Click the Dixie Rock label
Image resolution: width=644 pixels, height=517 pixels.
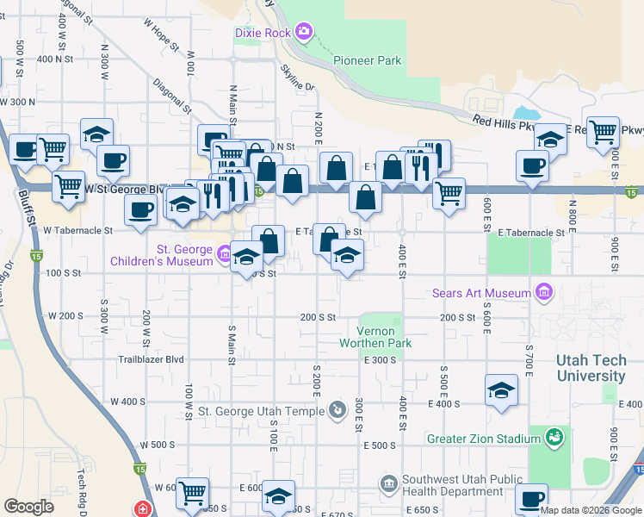coord(264,33)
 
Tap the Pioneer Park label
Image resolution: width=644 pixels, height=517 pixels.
coord(368,60)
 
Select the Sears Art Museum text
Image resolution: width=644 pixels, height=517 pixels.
coord(481,294)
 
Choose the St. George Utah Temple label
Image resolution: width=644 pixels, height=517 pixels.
coord(263,412)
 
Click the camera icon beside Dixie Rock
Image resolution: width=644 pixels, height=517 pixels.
coord(303,33)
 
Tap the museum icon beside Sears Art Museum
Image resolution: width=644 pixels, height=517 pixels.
coord(543,294)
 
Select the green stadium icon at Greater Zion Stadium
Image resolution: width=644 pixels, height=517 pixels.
coord(555,438)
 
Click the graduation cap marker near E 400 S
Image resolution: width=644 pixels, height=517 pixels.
coord(502,390)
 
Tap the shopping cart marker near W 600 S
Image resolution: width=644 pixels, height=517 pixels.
coord(192,493)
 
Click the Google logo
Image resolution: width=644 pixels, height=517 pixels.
coord(28,507)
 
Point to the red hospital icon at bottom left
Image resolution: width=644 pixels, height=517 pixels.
coord(142,509)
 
